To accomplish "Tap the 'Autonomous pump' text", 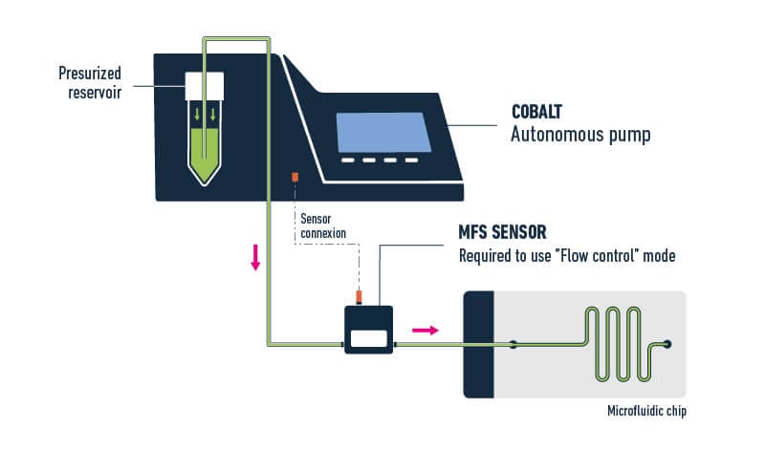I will (x=580, y=135).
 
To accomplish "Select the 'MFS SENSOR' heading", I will (x=504, y=232).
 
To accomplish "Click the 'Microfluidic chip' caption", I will (x=646, y=413).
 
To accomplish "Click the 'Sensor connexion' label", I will (x=321, y=225).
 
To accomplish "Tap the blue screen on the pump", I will (x=382, y=131).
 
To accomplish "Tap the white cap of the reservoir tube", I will (x=204, y=87).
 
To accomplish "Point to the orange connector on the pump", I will (x=295, y=178).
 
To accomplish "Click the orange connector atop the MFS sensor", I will (x=360, y=295).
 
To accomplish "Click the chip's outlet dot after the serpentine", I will (x=667, y=344).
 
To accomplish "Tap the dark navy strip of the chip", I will (x=478, y=344).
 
